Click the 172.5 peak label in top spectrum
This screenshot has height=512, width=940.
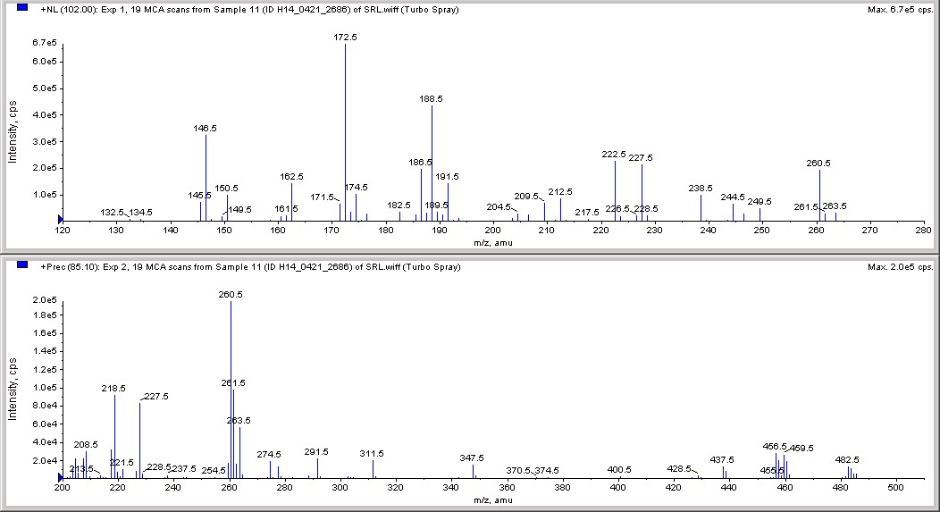click(x=345, y=37)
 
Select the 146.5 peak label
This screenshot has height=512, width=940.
click(x=206, y=128)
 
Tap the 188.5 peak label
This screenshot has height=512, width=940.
click(x=432, y=99)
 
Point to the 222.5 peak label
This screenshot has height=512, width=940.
click(x=615, y=154)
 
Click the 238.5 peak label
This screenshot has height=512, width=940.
click(x=701, y=188)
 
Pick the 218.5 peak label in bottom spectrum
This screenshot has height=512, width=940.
click(x=114, y=388)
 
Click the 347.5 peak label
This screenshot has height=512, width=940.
click(x=472, y=457)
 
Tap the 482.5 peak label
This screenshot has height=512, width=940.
click(x=847, y=459)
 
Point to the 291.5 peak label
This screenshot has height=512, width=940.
click(x=316, y=451)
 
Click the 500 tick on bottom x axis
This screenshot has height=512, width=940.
click(x=898, y=489)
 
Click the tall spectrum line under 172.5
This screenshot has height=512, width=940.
click(x=345, y=134)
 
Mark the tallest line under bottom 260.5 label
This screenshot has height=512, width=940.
click(x=231, y=393)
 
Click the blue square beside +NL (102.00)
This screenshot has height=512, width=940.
click(x=22, y=8)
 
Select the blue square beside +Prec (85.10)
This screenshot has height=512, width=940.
click(x=22, y=265)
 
